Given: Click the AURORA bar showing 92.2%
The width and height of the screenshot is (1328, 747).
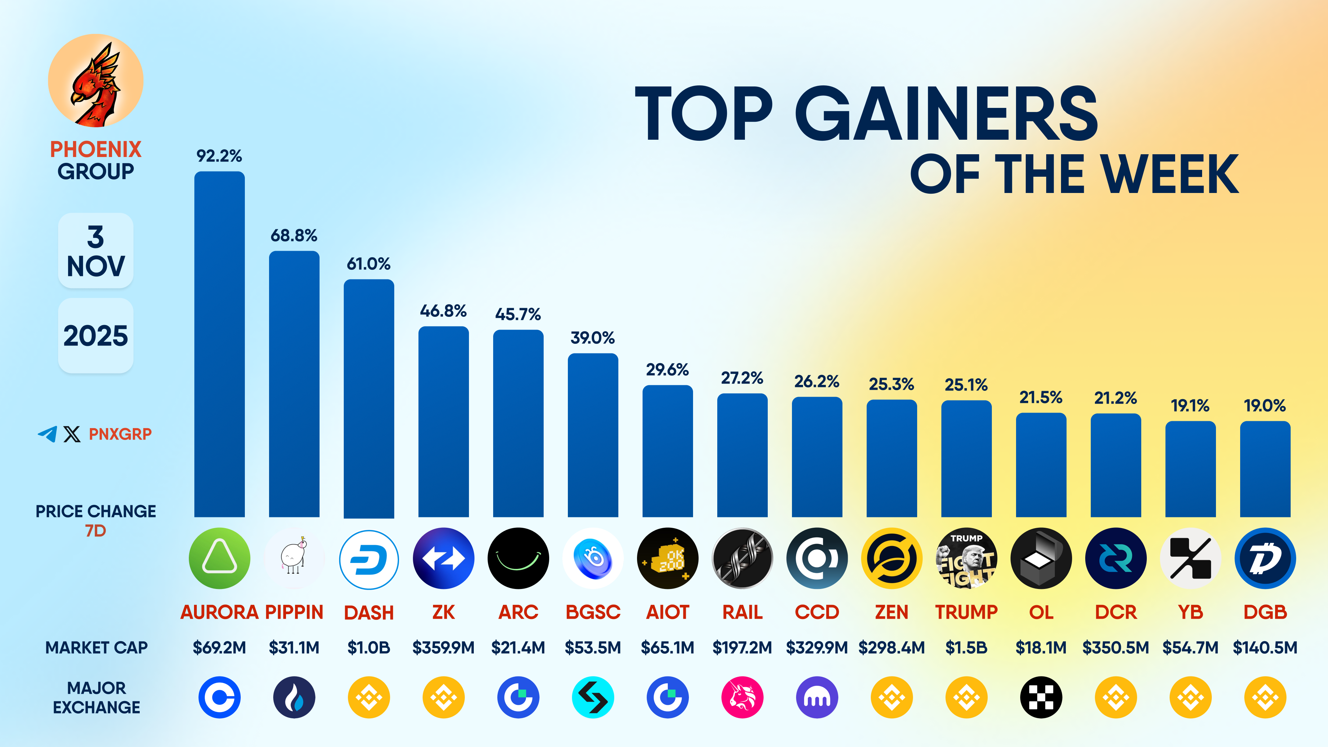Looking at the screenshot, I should tap(219, 344).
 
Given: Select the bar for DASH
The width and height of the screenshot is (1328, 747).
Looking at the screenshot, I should tap(369, 398).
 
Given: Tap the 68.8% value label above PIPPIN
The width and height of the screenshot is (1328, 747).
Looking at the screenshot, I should tap(294, 236).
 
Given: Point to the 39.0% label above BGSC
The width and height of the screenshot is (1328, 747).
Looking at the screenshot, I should tap(592, 338).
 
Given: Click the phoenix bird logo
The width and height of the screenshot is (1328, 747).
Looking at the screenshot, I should tap(96, 81).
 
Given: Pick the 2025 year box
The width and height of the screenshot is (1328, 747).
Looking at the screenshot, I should tap(96, 335).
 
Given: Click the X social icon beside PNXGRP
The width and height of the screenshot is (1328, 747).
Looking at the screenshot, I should tap(72, 434).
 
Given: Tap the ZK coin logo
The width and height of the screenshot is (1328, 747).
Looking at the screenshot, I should tap(443, 558).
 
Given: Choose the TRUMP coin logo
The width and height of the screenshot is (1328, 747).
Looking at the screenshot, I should tap(966, 558).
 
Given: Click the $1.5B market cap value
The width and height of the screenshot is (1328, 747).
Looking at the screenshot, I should tap(966, 647).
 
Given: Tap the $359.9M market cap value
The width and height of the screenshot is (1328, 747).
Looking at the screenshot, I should tap(443, 647).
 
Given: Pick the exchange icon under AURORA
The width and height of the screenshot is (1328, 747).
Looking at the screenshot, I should tap(219, 698).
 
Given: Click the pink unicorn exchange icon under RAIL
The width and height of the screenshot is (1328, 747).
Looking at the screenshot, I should tap(743, 698).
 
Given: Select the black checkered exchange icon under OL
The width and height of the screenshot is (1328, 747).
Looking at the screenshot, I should tap(1041, 698).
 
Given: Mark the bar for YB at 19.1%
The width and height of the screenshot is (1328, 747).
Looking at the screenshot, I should tap(1190, 469).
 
